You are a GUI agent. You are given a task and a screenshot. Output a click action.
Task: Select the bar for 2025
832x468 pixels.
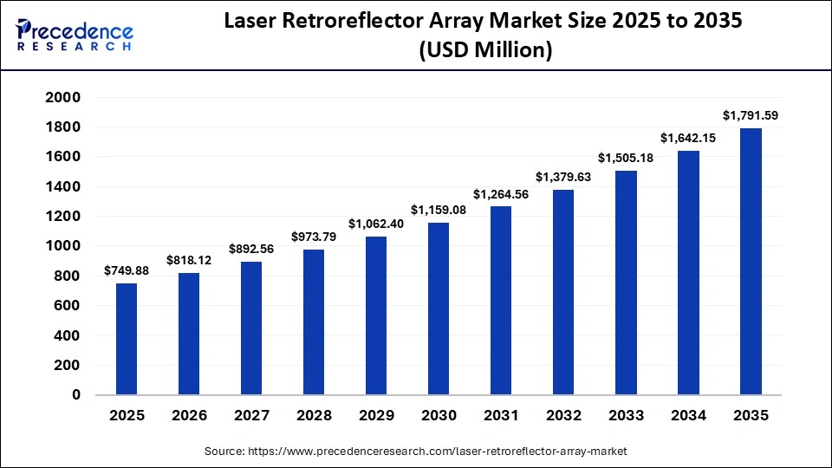127,339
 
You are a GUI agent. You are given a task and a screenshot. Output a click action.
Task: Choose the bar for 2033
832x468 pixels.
627,283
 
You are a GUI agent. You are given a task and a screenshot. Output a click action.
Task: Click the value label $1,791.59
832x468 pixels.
751,114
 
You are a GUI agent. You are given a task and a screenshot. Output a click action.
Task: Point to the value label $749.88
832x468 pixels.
127,270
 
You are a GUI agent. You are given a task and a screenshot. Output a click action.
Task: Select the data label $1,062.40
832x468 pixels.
376,223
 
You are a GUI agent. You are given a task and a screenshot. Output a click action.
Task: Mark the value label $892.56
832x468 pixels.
251,248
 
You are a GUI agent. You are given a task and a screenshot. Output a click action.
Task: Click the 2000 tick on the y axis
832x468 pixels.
62,98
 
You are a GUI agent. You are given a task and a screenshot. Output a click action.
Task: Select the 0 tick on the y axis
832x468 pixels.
75,394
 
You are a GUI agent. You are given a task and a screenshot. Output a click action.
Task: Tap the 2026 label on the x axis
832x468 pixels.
189,416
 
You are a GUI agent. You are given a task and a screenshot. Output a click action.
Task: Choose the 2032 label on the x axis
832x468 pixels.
563,416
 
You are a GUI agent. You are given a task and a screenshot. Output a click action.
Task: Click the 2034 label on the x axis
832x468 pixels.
688,416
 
